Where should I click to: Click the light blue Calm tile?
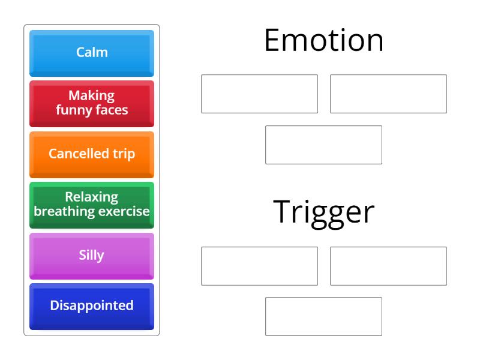92,53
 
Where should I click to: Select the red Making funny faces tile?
92,103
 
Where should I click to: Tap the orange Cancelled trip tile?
92,154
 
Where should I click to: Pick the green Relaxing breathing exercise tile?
92,204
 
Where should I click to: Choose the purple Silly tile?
92,255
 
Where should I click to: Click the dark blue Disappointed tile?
92,305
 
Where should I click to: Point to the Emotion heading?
324,41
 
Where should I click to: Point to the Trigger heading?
324,212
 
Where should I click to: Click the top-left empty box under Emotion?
259,94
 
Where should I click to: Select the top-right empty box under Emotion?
388,94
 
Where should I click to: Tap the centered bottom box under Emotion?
324,145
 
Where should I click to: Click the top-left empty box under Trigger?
259,266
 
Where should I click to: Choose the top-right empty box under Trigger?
388,266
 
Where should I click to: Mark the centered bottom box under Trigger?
324,316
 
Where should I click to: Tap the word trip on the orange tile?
122,154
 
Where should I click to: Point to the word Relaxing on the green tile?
92,197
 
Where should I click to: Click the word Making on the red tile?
92,96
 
